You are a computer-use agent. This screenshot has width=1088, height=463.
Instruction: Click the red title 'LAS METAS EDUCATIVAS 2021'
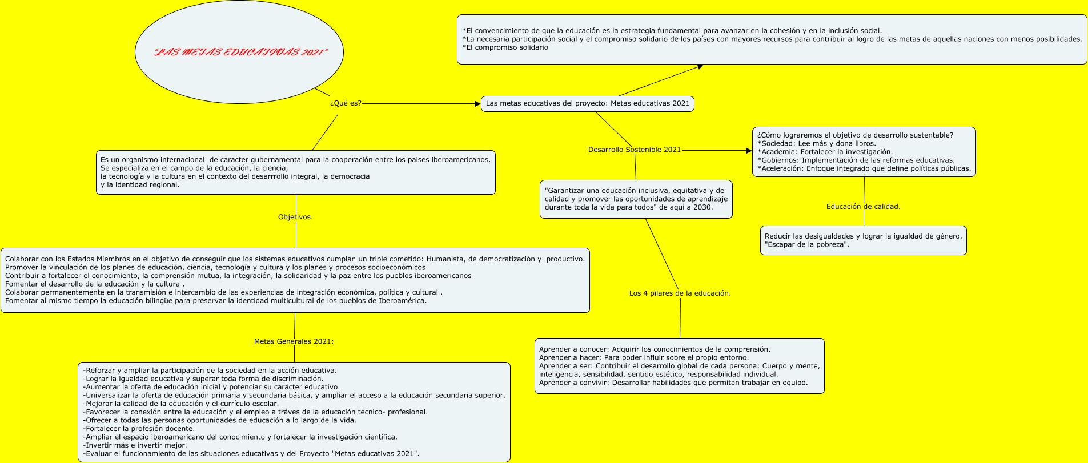click(240, 53)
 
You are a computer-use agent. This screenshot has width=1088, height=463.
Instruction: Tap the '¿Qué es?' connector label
click(346, 103)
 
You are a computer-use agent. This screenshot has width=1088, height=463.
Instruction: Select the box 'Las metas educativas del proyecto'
click(588, 104)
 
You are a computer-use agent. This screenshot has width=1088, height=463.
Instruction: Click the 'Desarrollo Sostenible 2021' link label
click(635, 150)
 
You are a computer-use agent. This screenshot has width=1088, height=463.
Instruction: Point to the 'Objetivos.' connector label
click(295, 217)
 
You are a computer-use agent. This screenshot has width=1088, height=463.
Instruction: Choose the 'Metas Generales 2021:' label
click(294, 341)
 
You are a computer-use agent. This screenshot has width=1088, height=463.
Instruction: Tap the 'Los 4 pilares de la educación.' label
click(680, 293)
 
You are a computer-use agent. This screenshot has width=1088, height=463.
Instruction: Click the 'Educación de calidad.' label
click(863, 207)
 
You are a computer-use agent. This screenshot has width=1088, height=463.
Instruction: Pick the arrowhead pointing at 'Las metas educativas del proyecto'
click(478, 104)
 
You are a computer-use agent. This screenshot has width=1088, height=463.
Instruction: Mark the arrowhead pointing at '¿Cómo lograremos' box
click(749, 151)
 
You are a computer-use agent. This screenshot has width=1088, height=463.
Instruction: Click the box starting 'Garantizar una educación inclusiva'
click(636, 199)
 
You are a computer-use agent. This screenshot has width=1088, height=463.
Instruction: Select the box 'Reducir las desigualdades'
click(864, 240)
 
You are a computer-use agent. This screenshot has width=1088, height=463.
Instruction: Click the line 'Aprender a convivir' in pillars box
click(673, 383)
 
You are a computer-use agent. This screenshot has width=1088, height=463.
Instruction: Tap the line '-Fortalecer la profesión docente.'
click(139, 429)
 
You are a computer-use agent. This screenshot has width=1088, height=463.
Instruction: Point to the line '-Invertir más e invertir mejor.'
click(135, 445)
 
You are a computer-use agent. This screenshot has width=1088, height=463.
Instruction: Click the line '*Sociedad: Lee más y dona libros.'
click(817, 144)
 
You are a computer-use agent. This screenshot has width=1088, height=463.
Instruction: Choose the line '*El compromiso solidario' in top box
click(505, 47)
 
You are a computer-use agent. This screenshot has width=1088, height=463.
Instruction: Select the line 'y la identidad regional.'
click(140, 185)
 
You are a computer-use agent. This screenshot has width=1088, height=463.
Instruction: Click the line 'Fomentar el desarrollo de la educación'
click(95, 284)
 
